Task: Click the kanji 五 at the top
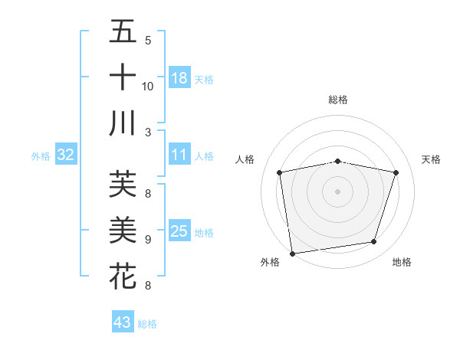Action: coord(123,33)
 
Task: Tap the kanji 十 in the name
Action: coord(123,77)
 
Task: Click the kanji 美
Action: coord(123,231)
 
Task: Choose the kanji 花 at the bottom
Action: coord(123,275)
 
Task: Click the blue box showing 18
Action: coord(179,77)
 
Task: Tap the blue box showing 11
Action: coord(179,155)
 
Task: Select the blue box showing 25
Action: coord(179,231)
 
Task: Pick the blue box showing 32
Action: coord(65,155)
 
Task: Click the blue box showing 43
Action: coord(122,322)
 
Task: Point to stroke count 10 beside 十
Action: coord(148,86)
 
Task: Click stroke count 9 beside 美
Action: coord(148,239)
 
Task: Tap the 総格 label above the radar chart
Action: coord(338,100)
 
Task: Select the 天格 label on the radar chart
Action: coord(432,159)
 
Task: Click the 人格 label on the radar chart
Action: coord(245,159)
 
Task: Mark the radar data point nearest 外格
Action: coord(292,253)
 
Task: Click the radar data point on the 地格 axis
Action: coord(374,242)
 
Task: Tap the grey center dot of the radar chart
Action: coord(338,191)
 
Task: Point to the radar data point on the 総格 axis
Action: coord(338,161)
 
